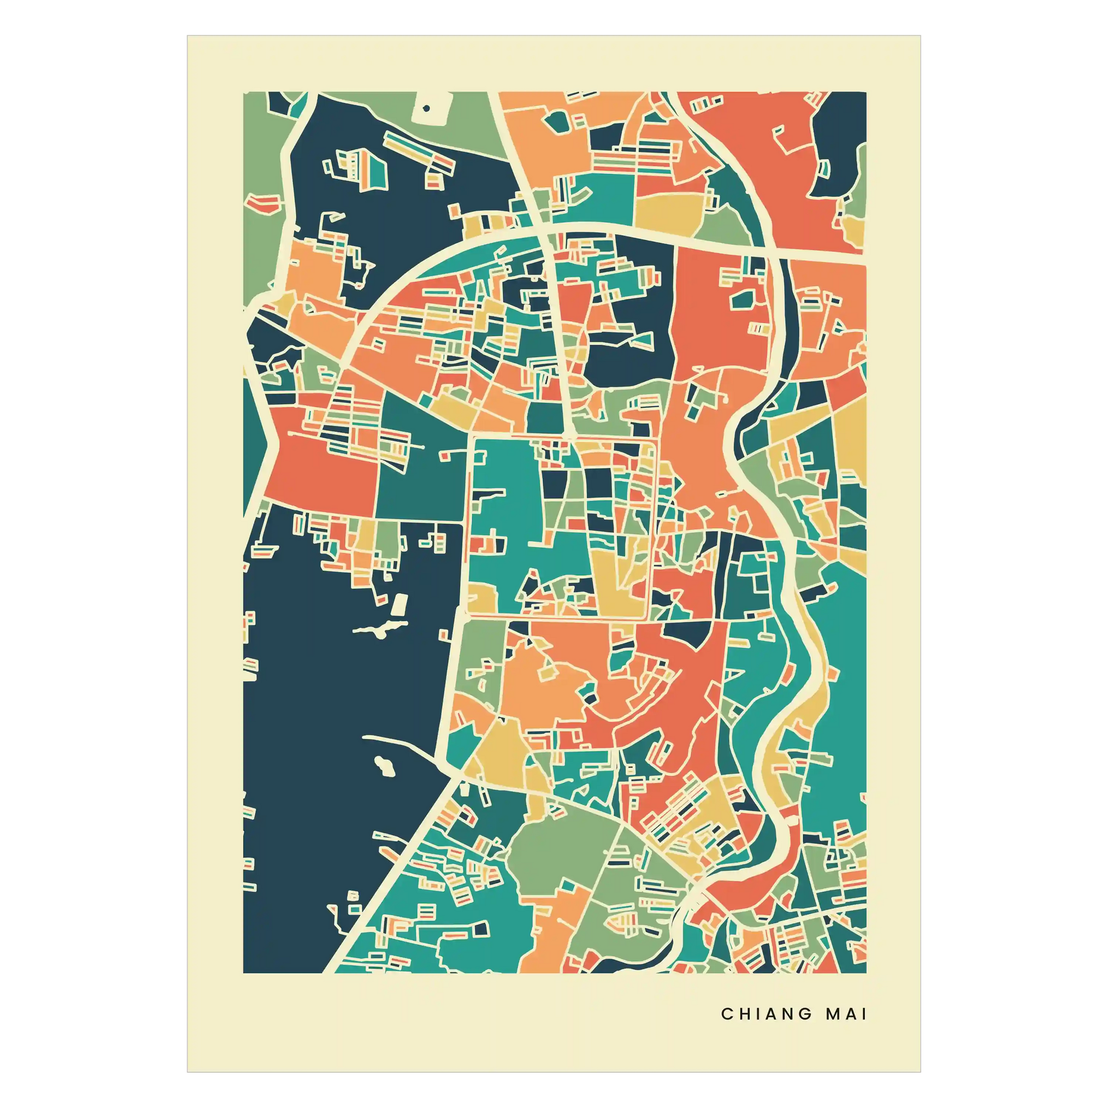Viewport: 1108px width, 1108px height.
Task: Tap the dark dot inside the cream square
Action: tap(426, 108)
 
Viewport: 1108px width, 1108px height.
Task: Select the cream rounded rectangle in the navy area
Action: tap(400, 605)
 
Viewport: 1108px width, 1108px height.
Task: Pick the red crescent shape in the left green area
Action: tap(264, 202)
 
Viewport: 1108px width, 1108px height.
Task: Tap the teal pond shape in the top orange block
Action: tap(555, 121)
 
